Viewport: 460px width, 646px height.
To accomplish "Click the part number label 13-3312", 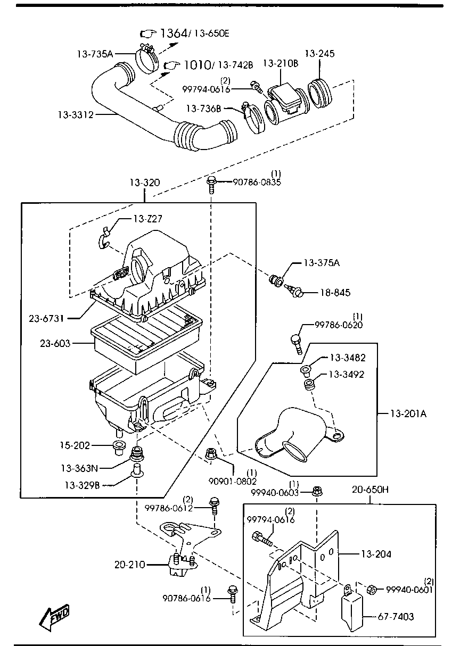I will point(76,114).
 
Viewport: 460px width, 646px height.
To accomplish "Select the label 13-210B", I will point(281,63).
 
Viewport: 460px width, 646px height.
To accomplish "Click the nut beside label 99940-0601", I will point(373,589).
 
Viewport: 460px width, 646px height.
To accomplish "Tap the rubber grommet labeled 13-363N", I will point(138,455).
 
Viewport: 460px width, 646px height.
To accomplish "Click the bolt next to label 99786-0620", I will point(297,341).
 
